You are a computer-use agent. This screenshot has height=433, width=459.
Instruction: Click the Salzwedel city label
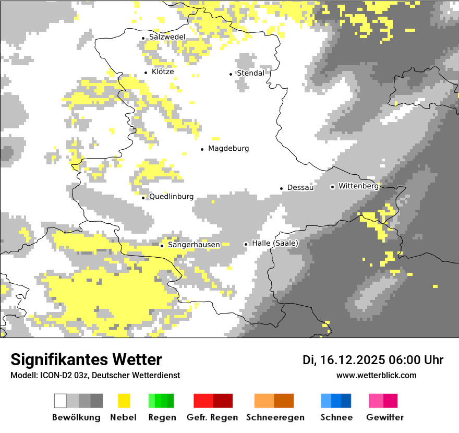[x=167, y=37]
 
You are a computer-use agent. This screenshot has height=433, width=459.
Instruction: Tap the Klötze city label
[x=163, y=72]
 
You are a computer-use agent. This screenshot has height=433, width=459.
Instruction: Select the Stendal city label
[x=250, y=74]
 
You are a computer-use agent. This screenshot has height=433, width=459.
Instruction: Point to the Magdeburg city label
[x=228, y=149]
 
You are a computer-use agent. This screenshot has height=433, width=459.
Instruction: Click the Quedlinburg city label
[x=171, y=197]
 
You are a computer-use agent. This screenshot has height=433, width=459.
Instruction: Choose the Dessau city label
[x=300, y=188]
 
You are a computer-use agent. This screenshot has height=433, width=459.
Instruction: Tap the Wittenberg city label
[x=358, y=186]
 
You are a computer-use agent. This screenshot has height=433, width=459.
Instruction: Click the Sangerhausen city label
[x=194, y=245]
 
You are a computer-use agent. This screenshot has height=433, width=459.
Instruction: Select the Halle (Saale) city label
[x=275, y=244]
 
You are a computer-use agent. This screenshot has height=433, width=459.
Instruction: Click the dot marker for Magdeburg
[x=202, y=149]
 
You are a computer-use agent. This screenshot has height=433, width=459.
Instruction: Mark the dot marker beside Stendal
[x=231, y=74]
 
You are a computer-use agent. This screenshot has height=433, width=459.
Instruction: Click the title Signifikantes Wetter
[x=86, y=359]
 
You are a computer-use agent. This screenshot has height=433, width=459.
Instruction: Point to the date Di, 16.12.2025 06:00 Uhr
[x=373, y=360]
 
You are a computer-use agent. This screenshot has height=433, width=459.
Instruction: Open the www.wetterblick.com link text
[x=377, y=375]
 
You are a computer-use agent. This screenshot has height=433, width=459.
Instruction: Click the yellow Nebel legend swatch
[x=124, y=401]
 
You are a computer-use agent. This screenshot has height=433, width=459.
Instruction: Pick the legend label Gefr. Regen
[x=212, y=417]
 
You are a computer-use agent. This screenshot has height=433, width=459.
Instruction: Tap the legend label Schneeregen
[x=275, y=417]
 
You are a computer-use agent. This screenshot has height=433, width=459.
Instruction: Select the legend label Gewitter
[x=385, y=417]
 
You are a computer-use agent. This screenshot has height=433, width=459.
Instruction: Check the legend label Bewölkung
[x=76, y=417]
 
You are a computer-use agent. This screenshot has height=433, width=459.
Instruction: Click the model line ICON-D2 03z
[x=95, y=375]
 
